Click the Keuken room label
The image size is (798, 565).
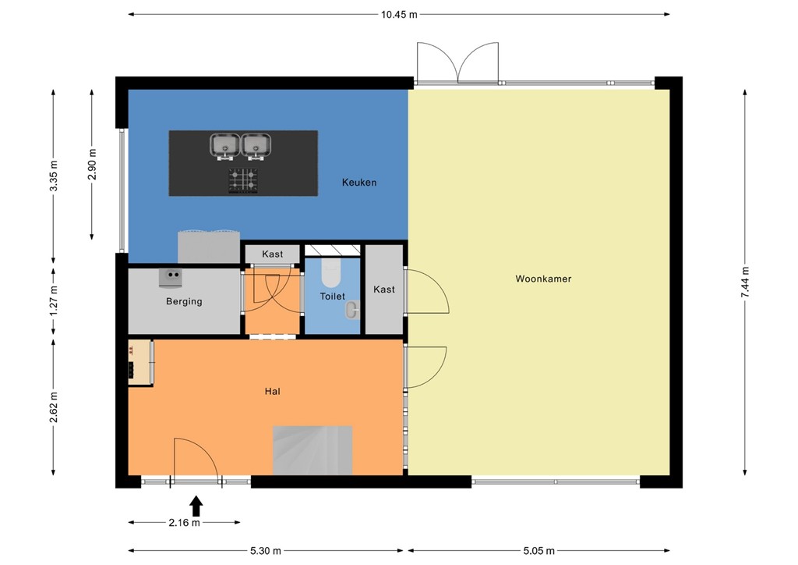click(358, 183)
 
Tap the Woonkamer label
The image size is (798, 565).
click(542, 279)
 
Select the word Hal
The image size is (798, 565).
click(272, 392)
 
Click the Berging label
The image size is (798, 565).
click(184, 301)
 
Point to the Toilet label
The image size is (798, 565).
click(332, 297)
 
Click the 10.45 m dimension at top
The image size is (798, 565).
click(399, 14)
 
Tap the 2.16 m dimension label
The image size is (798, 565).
click(183, 523)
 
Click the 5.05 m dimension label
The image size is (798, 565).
click(538, 551)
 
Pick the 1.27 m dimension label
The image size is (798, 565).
click(53, 300)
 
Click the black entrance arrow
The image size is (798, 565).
click(196, 506)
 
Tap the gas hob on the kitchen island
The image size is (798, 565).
click(243, 180)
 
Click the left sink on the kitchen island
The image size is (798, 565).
click(225, 144)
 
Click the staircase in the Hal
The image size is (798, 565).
click(312, 450)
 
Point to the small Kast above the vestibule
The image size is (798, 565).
click(272, 254)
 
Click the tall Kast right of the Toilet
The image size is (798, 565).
click(384, 290)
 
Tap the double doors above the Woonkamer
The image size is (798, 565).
click(457, 63)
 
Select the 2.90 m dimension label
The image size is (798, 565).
click(92, 164)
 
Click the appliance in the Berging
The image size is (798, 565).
click(171, 276)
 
